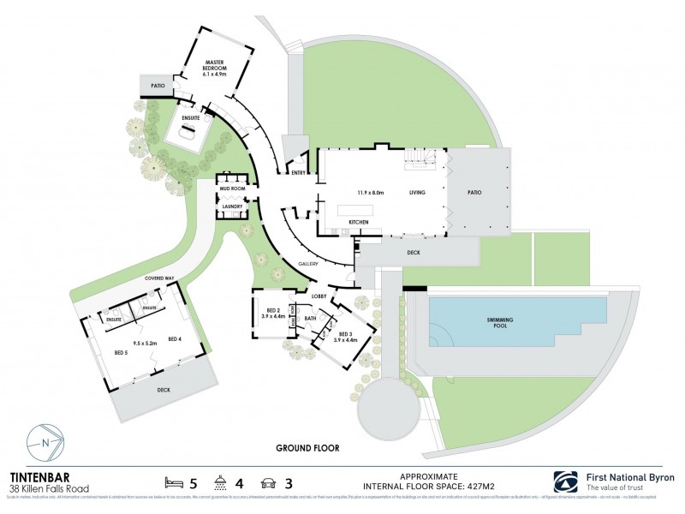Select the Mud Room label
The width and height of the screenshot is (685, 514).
click(233, 187)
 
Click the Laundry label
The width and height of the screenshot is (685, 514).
click(233, 206)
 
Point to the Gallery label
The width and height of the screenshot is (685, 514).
click(308, 265)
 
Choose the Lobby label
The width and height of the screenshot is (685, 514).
click(319, 296)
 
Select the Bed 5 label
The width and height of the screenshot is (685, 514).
click(122, 352)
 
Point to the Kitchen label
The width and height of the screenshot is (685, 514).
click(358, 222)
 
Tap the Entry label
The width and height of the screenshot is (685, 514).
click(298, 172)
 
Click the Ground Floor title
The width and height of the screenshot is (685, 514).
click(307, 448)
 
